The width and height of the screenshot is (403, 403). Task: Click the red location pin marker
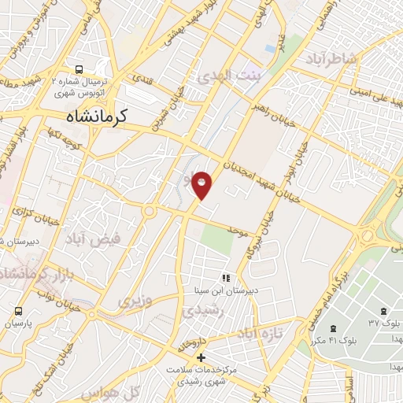tap(202, 184)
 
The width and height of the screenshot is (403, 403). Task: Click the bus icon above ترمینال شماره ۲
tap(79, 68)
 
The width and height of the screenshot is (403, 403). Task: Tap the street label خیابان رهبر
tap(270, 109)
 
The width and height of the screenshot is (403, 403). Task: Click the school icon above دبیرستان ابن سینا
tap(226, 278)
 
